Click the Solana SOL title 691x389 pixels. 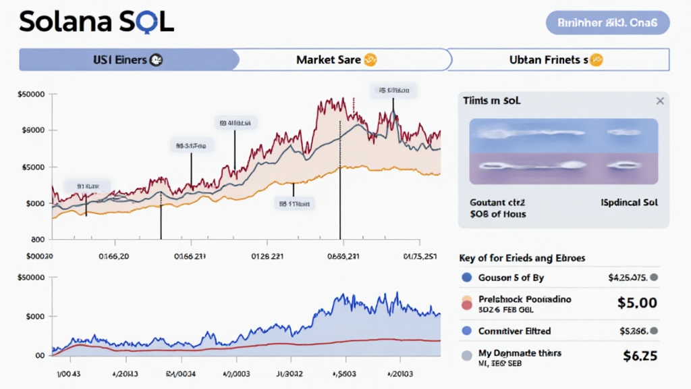coord(96,22)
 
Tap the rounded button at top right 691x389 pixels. coord(607,22)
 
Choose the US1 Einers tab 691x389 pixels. coord(120,60)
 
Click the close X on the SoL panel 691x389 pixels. coord(659,101)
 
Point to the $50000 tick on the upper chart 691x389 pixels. coord(32,95)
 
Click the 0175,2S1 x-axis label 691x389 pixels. coord(420,256)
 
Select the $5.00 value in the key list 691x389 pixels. coord(637,303)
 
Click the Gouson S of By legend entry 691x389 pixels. coord(511,278)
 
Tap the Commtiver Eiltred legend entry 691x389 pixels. coord(514,331)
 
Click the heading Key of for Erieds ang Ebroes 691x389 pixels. coord(522,258)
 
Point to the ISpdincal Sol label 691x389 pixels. coord(629,202)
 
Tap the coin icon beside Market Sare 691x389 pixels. coord(370,60)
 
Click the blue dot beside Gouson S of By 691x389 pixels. coord(466,278)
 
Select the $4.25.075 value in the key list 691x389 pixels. coord(628,277)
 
